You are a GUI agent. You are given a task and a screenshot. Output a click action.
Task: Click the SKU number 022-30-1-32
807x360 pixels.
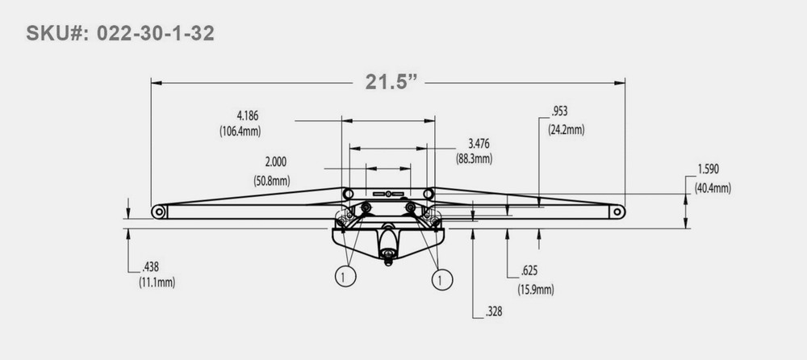click(153, 34)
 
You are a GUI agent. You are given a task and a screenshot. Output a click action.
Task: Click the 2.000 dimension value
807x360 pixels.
click(274, 161)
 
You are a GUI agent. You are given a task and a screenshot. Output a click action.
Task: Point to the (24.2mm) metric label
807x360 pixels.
click(567, 129)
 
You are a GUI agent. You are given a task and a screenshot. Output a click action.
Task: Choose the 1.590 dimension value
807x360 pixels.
click(708, 170)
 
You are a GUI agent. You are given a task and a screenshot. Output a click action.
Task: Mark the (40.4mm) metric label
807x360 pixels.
click(713, 188)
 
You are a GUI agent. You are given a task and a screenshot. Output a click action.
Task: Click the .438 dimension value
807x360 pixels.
click(149, 266)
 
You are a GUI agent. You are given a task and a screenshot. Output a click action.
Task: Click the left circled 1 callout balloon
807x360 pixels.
click(345, 278)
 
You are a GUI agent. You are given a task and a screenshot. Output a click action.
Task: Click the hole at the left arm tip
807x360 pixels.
click(159, 212)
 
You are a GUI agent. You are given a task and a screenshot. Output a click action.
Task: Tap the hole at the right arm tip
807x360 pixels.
click(617, 211)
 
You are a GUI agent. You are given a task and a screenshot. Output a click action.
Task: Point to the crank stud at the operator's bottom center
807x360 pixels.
click(389, 257)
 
